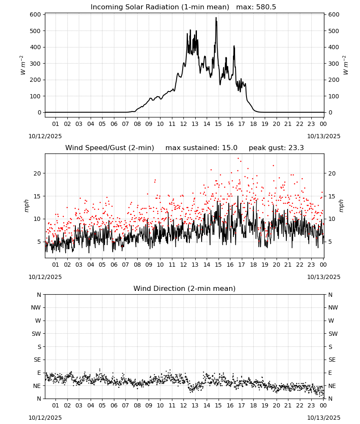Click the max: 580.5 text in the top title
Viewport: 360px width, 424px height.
point(256,7)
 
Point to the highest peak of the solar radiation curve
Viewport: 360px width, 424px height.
point(216,17)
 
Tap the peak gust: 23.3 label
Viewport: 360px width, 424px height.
point(276,148)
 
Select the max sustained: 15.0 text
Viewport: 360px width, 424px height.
point(201,148)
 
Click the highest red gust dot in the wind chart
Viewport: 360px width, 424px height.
point(238,158)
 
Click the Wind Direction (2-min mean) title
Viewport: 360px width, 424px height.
point(185,288)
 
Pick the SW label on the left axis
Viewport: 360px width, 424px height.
point(36,334)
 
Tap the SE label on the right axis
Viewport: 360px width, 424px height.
point(332,360)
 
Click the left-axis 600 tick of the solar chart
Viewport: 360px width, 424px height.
point(36,14)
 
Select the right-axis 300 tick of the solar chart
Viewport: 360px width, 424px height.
point(334,64)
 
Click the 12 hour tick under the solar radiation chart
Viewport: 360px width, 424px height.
point(183,124)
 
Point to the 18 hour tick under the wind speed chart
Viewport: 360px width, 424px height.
point(253,265)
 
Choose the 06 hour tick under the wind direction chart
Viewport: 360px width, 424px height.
point(114,405)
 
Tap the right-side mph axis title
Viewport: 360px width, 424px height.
point(341,206)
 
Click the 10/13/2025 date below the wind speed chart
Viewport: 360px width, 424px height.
point(324,277)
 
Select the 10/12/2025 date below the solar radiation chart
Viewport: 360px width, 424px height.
point(45,136)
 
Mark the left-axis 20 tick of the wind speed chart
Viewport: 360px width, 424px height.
point(37,173)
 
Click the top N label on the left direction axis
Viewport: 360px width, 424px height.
point(39,295)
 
